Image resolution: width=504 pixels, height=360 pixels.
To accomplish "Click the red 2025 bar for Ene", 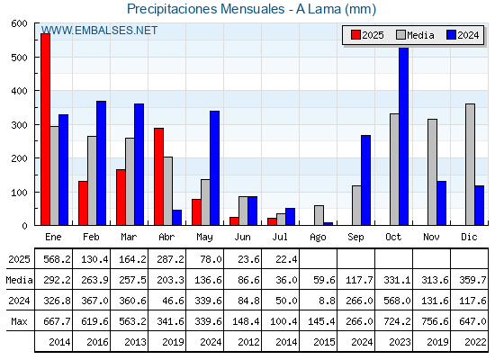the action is click(x=45, y=130).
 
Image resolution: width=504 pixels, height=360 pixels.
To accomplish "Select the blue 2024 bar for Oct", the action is click(x=404, y=136).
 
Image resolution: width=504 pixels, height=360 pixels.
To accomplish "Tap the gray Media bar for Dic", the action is click(x=470, y=164).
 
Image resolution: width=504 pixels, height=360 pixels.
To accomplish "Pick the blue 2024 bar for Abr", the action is click(x=177, y=218).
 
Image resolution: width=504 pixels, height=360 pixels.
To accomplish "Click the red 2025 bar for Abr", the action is click(x=158, y=176).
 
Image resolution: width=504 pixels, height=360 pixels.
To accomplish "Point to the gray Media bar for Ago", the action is click(x=319, y=215).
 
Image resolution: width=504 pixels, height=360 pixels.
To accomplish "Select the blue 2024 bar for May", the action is click(x=215, y=168).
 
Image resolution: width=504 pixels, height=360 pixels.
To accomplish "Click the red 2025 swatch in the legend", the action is click(x=355, y=35).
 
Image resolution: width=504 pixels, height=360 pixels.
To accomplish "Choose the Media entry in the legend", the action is click(x=415, y=35).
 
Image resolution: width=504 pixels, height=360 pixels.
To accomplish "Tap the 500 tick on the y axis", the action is click(x=19, y=58).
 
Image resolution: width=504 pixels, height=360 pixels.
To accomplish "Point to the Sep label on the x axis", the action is click(x=355, y=238).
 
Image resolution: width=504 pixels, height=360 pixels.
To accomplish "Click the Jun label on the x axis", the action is click(x=242, y=238).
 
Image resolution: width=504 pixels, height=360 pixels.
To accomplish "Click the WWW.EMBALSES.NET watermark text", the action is click(x=99, y=31).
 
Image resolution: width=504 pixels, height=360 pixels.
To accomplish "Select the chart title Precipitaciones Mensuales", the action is click(x=206, y=9).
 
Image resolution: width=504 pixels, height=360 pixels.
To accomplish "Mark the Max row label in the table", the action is click(x=19, y=321).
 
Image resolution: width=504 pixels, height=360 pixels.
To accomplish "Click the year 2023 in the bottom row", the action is click(x=400, y=342).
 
